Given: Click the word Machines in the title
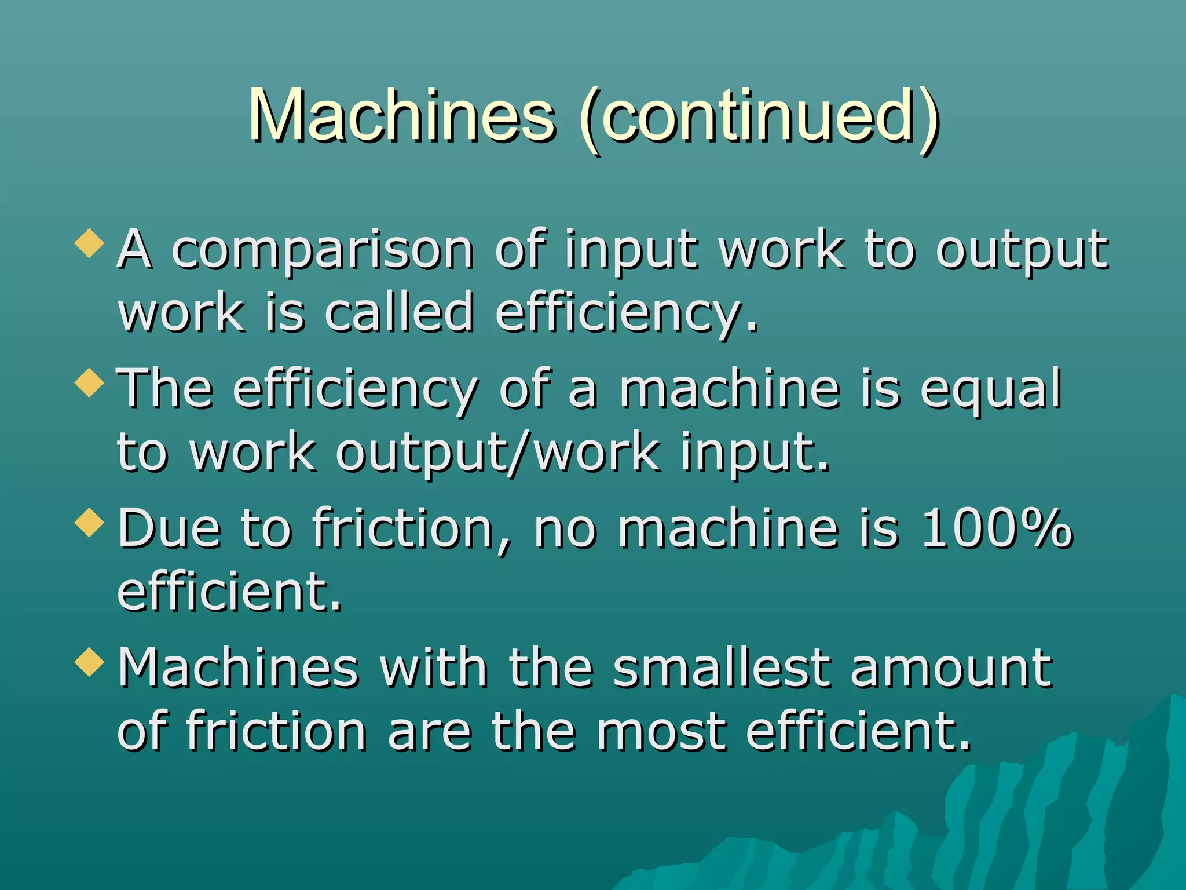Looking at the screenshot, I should pos(402,115).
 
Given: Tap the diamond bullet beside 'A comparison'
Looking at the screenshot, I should pos(90,243).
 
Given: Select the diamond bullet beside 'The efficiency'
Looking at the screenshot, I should pos(90,383).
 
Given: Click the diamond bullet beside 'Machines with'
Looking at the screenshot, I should pos(90,662).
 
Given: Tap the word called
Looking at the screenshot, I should pos(399,312).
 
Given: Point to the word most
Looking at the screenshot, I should pos(661,731).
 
